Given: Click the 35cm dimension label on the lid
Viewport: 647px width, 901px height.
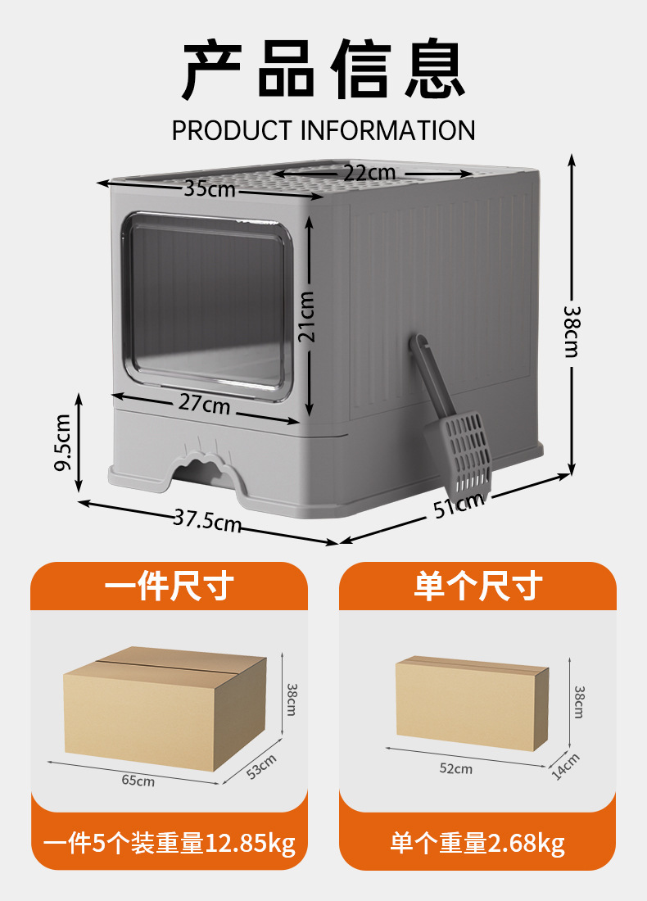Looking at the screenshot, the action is (209, 189).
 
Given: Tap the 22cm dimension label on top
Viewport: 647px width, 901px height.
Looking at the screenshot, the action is (369, 173).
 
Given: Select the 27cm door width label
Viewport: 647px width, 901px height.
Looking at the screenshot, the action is (205, 405).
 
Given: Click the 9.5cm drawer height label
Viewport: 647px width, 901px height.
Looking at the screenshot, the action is (61, 442).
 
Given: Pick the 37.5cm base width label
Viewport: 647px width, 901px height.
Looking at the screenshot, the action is (207, 519).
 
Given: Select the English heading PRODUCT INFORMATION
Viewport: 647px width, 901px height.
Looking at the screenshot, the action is (323, 130).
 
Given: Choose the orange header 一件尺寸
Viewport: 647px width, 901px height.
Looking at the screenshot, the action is (170, 586).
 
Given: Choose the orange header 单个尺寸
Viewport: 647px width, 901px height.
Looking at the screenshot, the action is (477, 586).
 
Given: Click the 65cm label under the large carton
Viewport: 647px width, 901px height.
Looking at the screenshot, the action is (138, 781).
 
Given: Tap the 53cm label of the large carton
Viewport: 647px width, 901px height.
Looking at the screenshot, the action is (262, 766).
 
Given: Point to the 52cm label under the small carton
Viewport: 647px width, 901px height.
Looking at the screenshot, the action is (455, 768).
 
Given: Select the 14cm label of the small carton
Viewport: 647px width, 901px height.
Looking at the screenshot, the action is (565, 766).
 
